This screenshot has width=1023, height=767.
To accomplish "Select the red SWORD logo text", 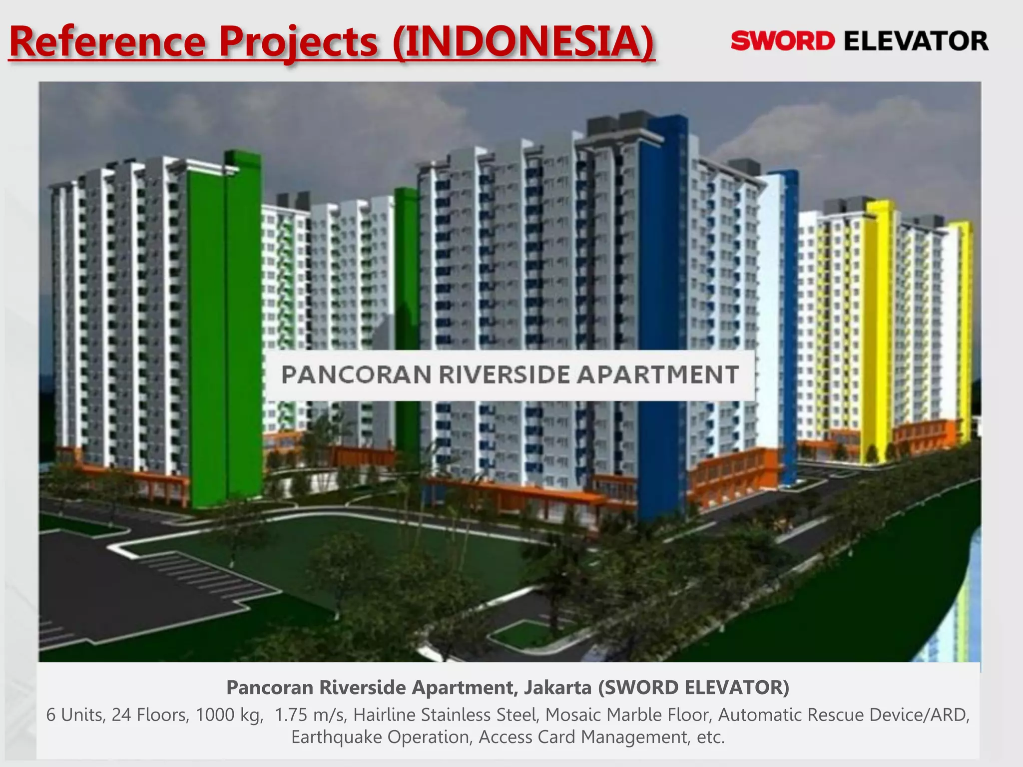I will (782, 41).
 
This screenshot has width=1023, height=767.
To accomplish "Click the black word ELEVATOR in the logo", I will (916, 41).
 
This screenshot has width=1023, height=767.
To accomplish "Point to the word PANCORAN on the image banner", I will (356, 375).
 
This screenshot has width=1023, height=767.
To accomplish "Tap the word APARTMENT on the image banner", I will (657, 375).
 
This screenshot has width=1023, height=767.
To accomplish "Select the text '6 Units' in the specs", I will (75, 715).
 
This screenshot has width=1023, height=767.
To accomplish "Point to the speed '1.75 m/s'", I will (309, 715).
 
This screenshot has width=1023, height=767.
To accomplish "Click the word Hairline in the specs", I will (384, 715).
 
